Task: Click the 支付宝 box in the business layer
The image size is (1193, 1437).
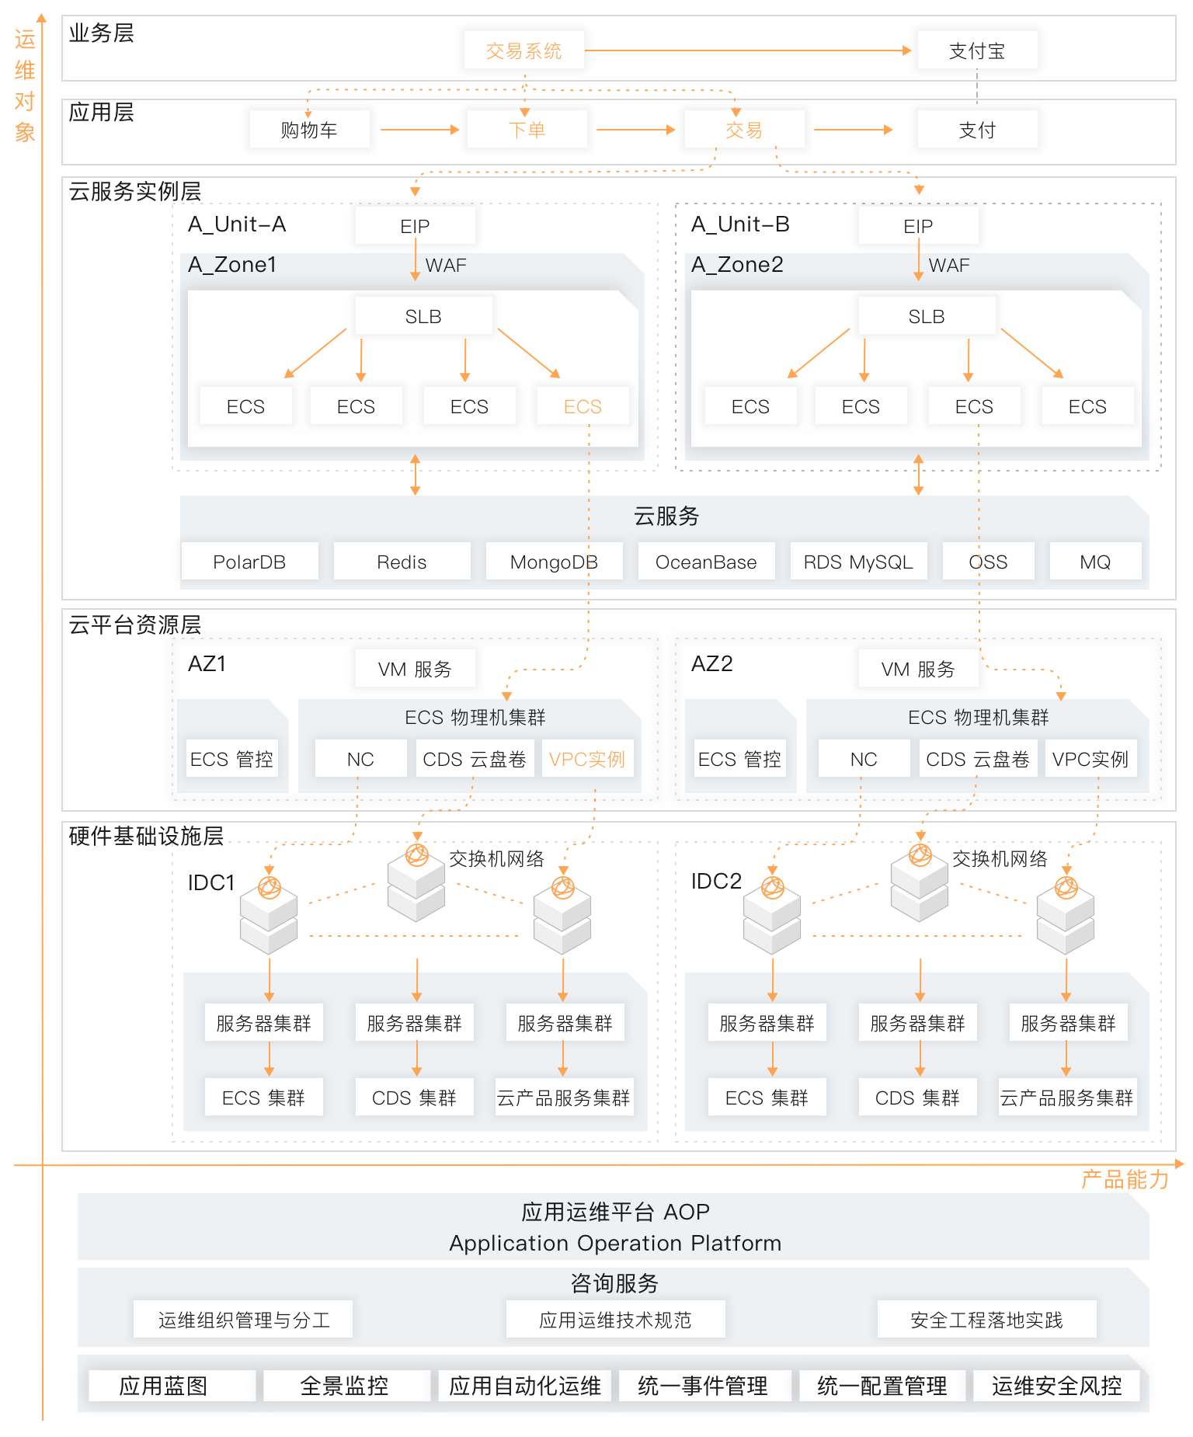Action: coord(977,51)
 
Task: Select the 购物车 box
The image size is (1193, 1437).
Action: coord(309,130)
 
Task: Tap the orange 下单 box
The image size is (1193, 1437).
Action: coord(527,130)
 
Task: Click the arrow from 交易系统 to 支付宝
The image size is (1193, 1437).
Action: coord(746,50)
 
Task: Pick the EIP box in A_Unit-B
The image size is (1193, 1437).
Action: coord(918,226)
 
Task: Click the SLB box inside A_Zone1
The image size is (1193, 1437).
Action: coord(423,316)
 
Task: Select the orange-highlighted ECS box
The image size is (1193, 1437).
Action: coord(583,406)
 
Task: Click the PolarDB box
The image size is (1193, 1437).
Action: coord(249,562)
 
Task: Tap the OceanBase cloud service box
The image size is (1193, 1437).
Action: coord(706,562)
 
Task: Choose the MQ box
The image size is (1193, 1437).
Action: coord(1095,562)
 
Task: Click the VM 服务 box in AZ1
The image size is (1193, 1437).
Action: coord(415,669)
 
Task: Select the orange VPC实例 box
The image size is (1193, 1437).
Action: coord(587,759)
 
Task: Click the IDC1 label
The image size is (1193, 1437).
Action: coord(210,882)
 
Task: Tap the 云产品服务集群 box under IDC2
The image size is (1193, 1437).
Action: coord(1066,1098)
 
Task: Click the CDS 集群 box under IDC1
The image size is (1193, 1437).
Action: coord(414,1098)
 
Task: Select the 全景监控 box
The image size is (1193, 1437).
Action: coord(344,1386)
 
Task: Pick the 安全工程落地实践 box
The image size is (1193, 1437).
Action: coord(986,1320)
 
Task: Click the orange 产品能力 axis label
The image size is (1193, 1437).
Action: coord(1125,1180)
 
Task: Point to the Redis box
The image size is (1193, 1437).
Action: coord(402,562)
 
